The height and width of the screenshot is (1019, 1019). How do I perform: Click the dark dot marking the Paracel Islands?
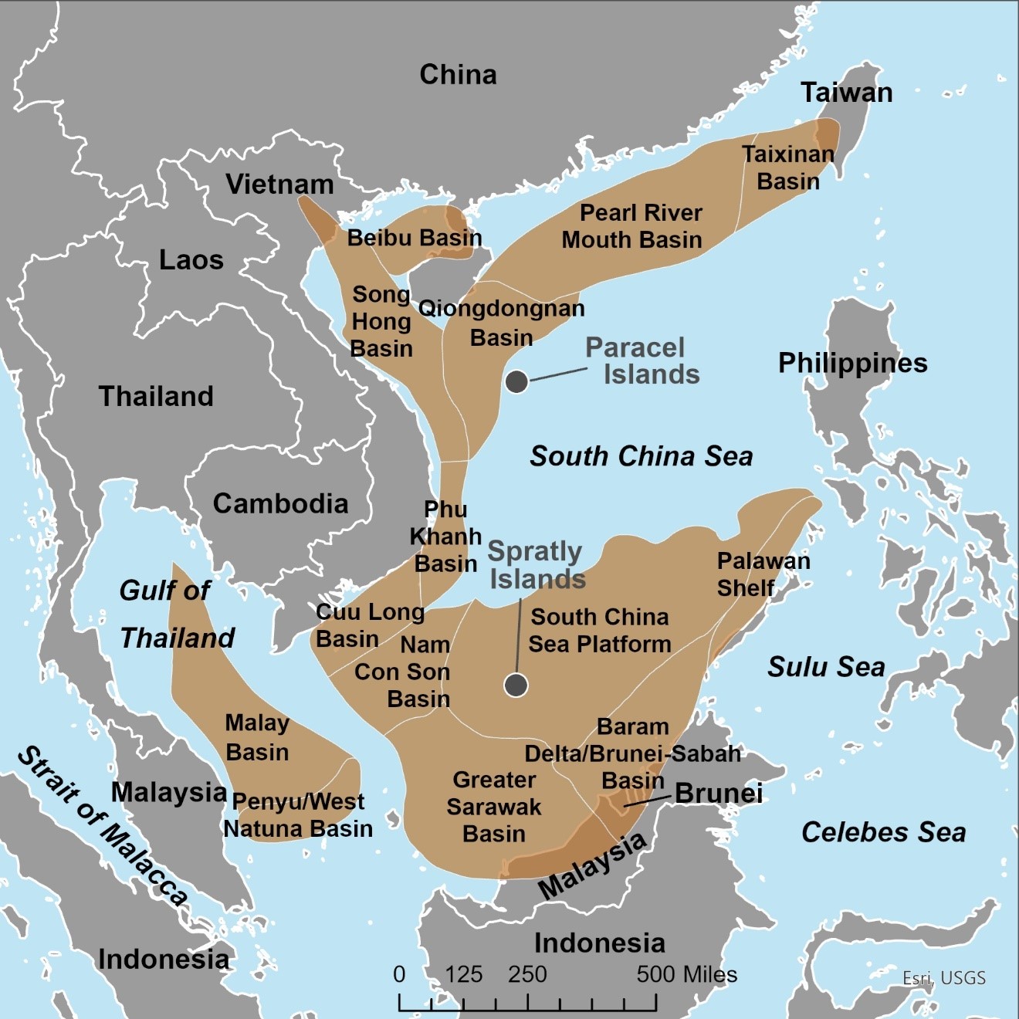516,381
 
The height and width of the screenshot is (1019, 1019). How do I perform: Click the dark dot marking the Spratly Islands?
516,685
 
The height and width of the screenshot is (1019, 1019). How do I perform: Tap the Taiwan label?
846,93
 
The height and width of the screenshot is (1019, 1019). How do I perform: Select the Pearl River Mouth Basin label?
632,226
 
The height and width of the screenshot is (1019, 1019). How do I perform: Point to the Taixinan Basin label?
788,168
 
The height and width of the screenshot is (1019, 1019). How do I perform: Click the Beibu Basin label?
415,238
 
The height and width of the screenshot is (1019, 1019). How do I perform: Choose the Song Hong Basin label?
381,322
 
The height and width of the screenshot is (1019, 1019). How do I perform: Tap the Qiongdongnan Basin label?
502,323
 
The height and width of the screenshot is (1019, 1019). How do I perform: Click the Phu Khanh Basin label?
445,537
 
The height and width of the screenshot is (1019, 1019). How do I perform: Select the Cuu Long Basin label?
370,625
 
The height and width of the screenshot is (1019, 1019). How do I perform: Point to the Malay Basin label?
257,737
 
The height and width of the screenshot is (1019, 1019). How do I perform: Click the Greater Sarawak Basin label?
494,807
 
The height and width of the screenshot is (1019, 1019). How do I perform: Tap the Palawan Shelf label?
763,574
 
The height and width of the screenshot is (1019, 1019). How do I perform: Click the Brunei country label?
719,794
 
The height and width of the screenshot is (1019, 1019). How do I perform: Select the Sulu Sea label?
826,667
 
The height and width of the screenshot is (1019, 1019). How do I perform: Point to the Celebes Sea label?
884,832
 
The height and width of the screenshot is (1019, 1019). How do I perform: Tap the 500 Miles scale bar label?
686,974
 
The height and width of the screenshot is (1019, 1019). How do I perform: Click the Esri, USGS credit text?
944,978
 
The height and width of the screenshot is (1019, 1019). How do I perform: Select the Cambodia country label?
280,503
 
